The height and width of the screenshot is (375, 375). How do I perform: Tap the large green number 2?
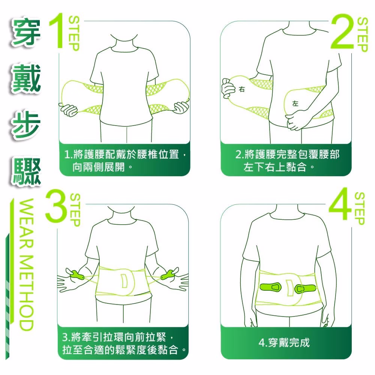tap(342, 31)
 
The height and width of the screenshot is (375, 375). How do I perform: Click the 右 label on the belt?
tap(242, 90)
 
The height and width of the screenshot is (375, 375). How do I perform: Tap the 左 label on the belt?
tap(295, 103)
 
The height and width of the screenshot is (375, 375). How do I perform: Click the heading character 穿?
tap(26, 31)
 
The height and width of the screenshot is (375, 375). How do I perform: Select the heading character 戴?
tap(26, 78)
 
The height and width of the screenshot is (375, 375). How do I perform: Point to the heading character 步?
tap(26, 125)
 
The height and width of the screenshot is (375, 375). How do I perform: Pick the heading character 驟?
tap(26, 172)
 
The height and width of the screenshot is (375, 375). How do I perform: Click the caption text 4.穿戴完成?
tap(284, 343)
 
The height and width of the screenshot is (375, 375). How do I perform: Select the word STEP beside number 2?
tap(362, 34)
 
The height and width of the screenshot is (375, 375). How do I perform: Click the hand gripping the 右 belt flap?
tap(228, 88)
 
